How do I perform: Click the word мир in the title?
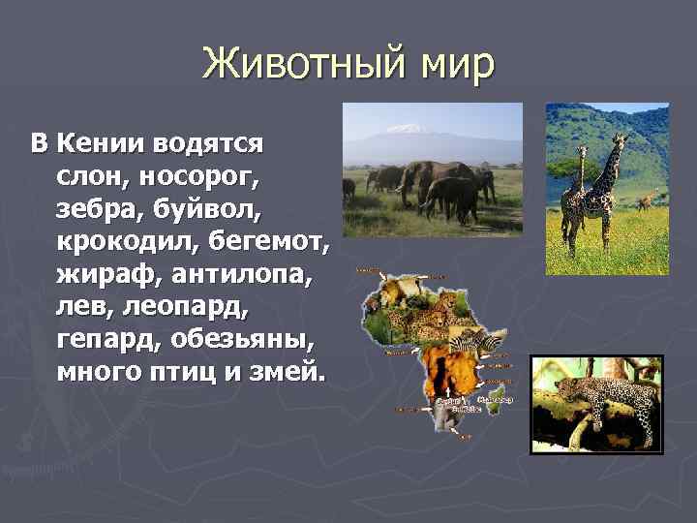click(455, 65)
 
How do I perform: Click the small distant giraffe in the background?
click(643, 201)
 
